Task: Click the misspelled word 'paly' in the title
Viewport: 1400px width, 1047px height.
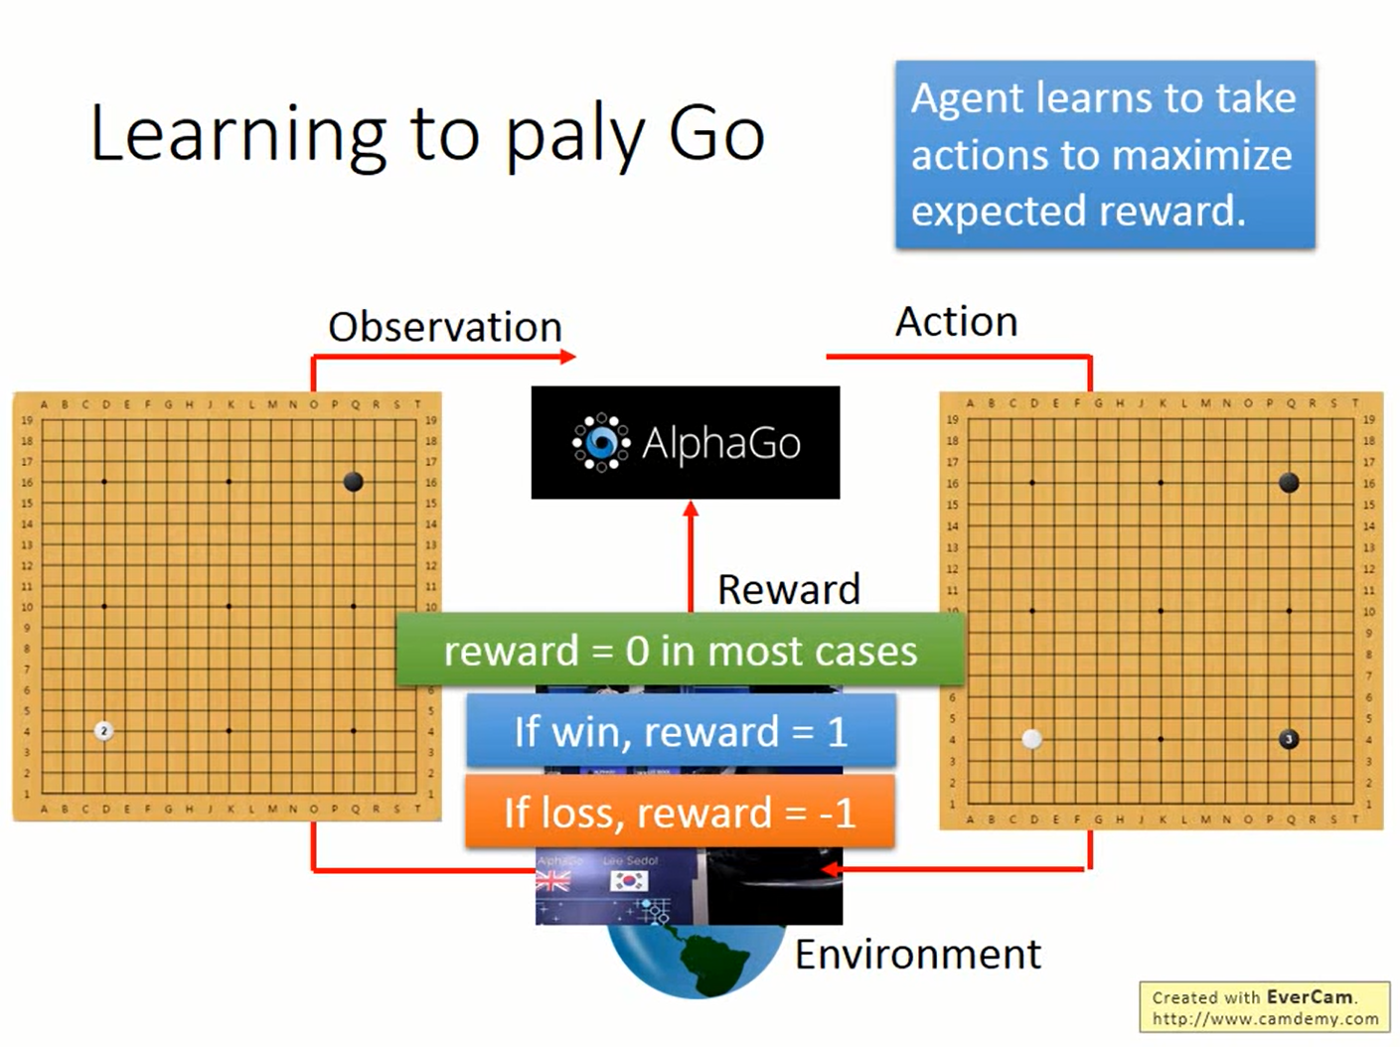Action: [575, 136]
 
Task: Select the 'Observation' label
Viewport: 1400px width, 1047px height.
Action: [445, 327]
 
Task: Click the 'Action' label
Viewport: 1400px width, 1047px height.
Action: [956, 322]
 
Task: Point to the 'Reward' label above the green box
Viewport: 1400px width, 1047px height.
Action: [788, 589]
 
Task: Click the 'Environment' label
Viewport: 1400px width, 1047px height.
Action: [917, 954]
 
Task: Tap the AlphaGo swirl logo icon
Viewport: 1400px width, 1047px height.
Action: [600, 442]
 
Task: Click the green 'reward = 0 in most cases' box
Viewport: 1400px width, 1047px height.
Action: [680, 651]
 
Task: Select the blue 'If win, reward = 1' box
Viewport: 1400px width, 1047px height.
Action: [681, 731]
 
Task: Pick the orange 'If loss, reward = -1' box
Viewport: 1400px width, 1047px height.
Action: [680, 812]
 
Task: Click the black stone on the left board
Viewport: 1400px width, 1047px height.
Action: [353, 482]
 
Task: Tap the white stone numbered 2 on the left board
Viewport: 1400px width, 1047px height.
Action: [103, 731]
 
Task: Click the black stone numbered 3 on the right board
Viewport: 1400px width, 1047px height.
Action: [1289, 739]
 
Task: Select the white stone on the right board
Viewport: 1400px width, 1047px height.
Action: [1032, 739]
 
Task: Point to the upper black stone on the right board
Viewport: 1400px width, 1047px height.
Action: [1289, 483]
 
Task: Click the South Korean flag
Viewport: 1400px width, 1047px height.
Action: [629, 880]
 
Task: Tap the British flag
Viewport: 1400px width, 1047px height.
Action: [553, 880]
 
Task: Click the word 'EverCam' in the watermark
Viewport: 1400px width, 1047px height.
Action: [1309, 996]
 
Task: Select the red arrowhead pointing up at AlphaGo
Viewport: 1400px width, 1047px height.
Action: [691, 510]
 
